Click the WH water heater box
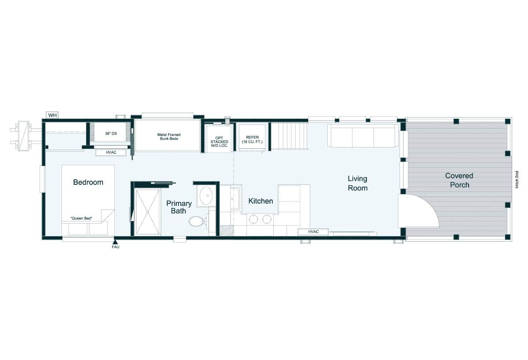(x=52, y=115)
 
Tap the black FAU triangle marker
(x=115, y=242)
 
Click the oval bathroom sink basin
(x=206, y=196)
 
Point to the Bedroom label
(x=88, y=182)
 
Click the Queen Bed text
(x=81, y=218)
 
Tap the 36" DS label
(x=111, y=133)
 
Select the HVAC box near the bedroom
(x=111, y=153)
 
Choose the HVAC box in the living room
(x=313, y=232)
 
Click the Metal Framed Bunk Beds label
(x=169, y=136)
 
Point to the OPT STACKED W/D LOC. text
(x=219, y=142)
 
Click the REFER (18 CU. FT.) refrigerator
(x=252, y=137)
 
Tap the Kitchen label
(x=260, y=201)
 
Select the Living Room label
(x=358, y=183)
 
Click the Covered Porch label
(x=459, y=180)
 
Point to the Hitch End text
(x=517, y=180)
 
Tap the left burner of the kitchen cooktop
(x=253, y=219)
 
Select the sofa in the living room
(x=363, y=136)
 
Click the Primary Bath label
(x=179, y=207)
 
